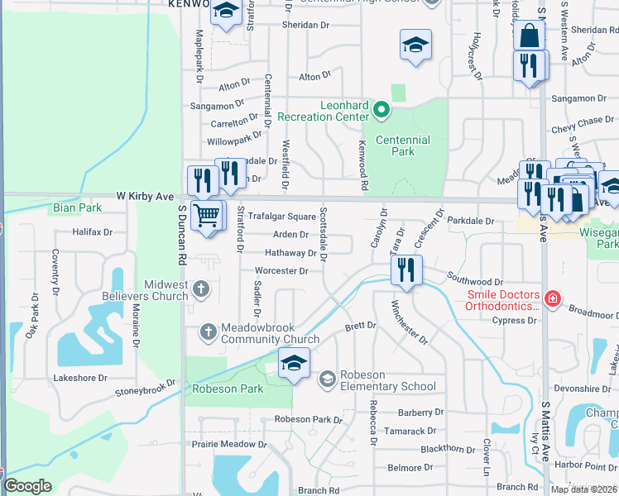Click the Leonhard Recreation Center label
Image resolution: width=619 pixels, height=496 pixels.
(x=323, y=111)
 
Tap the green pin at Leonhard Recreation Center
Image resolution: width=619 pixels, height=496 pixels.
(x=381, y=109)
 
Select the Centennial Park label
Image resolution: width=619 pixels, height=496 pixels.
(x=402, y=146)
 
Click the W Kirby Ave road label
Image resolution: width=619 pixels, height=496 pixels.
(x=143, y=197)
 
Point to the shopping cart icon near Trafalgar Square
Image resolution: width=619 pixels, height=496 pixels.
(x=206, y=216)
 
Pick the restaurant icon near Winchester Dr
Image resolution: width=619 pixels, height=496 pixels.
(x=405, y=269)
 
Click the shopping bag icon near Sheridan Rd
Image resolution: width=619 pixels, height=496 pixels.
(x=529, y=36)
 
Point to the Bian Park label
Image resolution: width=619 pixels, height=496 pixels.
(x=77, y=207)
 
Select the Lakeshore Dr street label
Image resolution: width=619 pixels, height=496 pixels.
(x=81, y=378)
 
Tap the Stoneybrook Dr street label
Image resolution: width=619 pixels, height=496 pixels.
(x=145, y=388)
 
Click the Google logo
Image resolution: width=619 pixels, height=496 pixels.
(x=27, y=486)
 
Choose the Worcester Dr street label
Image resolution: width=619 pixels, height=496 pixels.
(x=281, y=271)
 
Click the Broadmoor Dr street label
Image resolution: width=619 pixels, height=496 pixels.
(x=593, y=315)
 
